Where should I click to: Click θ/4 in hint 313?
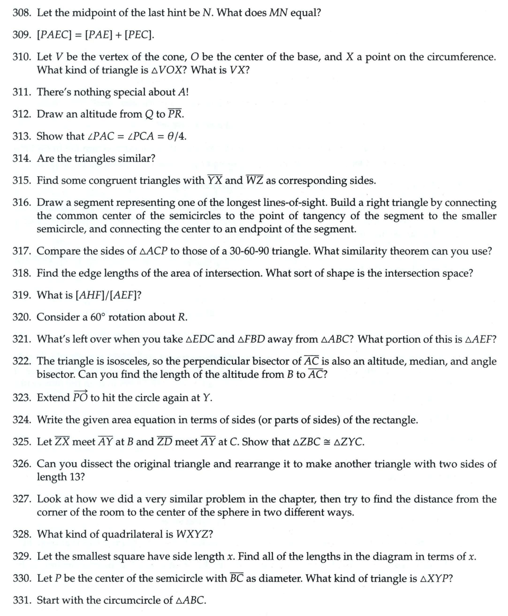coord(176,137)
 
